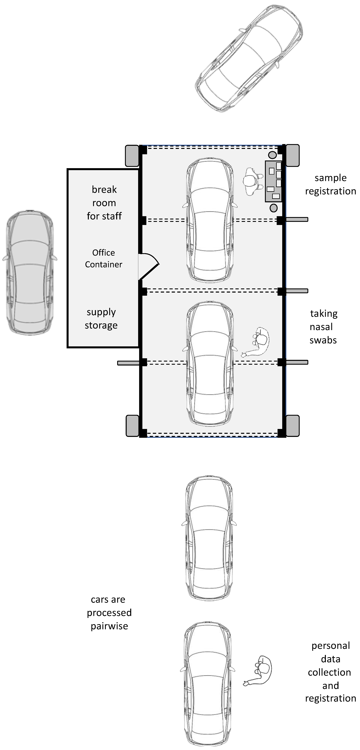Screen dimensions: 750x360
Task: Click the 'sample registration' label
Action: (330, 184)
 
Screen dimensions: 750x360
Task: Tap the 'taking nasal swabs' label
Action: (323, 327)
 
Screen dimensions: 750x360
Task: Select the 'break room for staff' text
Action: (104, 203)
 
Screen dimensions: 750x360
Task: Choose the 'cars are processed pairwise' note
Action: (109, 613)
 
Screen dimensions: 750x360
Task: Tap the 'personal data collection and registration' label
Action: (330, 672)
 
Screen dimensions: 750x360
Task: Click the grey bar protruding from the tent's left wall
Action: (128, 363)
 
